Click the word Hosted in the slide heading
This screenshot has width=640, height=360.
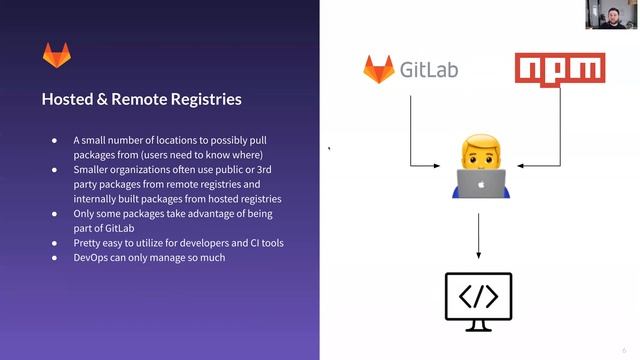67,100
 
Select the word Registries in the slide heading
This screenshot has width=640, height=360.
205,100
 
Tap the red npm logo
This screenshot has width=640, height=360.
560,69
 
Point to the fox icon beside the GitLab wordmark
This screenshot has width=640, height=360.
378,70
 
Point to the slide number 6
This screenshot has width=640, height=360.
623,350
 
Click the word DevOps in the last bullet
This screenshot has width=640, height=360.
92,257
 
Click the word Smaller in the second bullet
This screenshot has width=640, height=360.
93,170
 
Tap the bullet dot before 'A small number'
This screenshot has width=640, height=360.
55,141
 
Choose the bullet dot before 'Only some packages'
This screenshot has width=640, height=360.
55,214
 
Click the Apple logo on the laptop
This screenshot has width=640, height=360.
481,185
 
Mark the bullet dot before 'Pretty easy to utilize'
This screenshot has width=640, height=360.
55,243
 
